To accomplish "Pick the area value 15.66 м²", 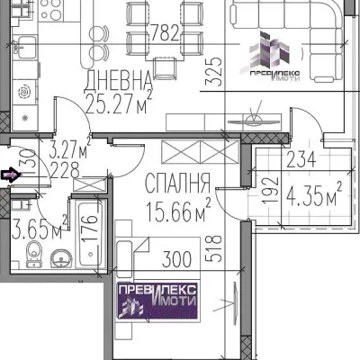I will (x=177, y=211).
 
